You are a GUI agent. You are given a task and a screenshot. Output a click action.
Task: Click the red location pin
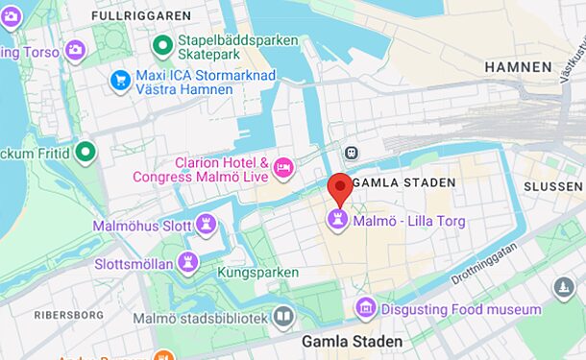338,187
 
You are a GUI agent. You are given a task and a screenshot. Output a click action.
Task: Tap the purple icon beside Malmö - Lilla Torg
337,221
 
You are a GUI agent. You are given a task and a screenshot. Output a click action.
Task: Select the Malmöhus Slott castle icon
206,226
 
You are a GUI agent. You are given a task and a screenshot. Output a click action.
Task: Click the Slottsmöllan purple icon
189,263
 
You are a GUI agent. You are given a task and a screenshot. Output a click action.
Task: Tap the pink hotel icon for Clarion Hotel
283,168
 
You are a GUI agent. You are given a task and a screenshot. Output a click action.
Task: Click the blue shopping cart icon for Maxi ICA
120,81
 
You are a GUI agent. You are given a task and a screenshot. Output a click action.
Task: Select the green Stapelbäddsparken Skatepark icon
162,43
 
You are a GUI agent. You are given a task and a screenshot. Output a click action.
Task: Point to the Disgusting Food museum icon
365,309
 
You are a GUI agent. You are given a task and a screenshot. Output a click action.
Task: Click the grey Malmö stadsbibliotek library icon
283,317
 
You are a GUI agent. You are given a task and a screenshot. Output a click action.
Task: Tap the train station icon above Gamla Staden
352,153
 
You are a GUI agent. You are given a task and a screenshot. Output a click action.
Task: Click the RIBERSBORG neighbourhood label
68,314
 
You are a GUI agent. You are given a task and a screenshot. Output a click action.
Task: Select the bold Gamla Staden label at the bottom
352,341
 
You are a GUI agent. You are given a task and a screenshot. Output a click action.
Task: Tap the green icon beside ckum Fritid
85,151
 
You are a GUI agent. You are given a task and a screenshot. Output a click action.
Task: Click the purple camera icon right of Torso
75,50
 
